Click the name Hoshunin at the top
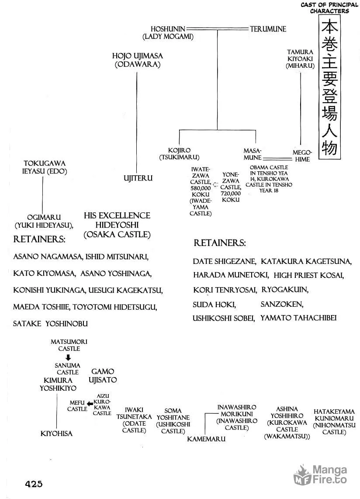click(168, 29)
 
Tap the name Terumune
click(268, 29)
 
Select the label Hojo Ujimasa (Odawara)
click(138, 60)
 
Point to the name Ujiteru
click(138, 178)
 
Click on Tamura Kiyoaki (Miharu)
click(300, 59)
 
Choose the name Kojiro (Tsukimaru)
click(179, 154)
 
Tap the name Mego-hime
click(302, 156)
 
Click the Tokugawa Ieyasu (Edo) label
click(45, 167)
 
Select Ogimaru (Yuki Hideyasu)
click(44, 221)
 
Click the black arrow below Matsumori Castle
click(68, 357)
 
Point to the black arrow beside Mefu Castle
click(90, 404)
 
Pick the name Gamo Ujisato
click(103, 375)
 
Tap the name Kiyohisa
click(56, 433)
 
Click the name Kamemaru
click(206, 439)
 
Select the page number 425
click(34, 484)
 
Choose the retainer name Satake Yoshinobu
click(50, 324)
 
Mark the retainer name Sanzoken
click(282, 304)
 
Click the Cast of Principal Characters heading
click(329, 8)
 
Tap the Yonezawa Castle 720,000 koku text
click(231, 187)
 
